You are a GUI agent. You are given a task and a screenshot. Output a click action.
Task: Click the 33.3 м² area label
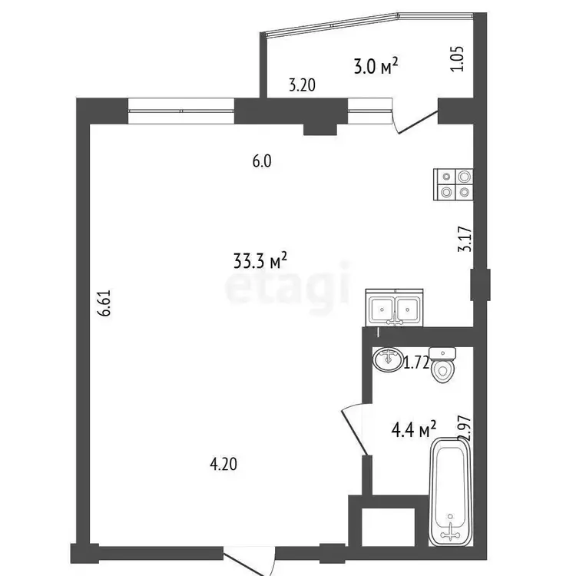tap(260, 260)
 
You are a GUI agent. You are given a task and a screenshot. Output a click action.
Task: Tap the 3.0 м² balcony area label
tap(376, 67)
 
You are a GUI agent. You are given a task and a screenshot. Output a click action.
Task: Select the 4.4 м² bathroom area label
tap(414, 429)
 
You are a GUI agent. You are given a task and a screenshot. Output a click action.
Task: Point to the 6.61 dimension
tap(104, 303)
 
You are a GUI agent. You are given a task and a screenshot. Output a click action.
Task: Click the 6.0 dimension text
tap(262, 161)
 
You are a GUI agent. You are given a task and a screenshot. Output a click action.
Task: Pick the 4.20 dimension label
tap(223, 465)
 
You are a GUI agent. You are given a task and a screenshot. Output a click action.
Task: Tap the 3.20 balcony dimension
tap(302, 85)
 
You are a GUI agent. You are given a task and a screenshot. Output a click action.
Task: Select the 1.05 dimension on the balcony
tap(458, 59)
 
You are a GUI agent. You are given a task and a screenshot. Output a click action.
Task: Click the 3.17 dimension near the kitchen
tap(465, 239)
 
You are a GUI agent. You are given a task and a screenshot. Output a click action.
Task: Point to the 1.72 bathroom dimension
tap(416, 363)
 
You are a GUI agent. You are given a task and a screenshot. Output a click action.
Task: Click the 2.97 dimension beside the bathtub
tap(465, 428)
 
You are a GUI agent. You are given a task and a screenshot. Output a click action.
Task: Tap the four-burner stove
tap(453, 184)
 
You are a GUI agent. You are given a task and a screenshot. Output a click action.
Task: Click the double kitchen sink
tap(394, 308)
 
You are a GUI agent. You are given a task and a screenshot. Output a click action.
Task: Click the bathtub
tap(451, 492)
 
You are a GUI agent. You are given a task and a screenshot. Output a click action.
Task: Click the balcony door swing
tap(415, 121)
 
